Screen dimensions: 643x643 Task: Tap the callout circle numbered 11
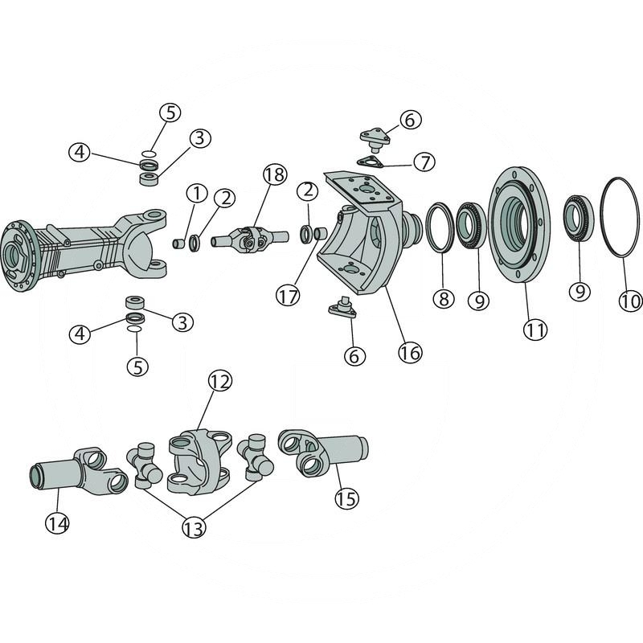(534, 329)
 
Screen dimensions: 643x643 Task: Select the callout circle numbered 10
(631, 301)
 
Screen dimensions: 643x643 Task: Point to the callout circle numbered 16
(409, 351)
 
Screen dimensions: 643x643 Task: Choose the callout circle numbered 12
(220, 382)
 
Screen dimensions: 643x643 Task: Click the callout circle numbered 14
(56, 523)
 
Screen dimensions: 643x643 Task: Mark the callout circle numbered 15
(346, 498)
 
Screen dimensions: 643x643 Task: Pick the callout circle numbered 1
(195, 193)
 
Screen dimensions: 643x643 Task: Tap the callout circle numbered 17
(288, 295)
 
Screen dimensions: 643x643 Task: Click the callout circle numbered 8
(443, 299)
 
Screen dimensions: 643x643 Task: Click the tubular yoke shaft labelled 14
(76, 473)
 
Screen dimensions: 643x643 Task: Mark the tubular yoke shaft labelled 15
(326, 449)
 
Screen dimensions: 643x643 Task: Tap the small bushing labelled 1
(180, 243)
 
